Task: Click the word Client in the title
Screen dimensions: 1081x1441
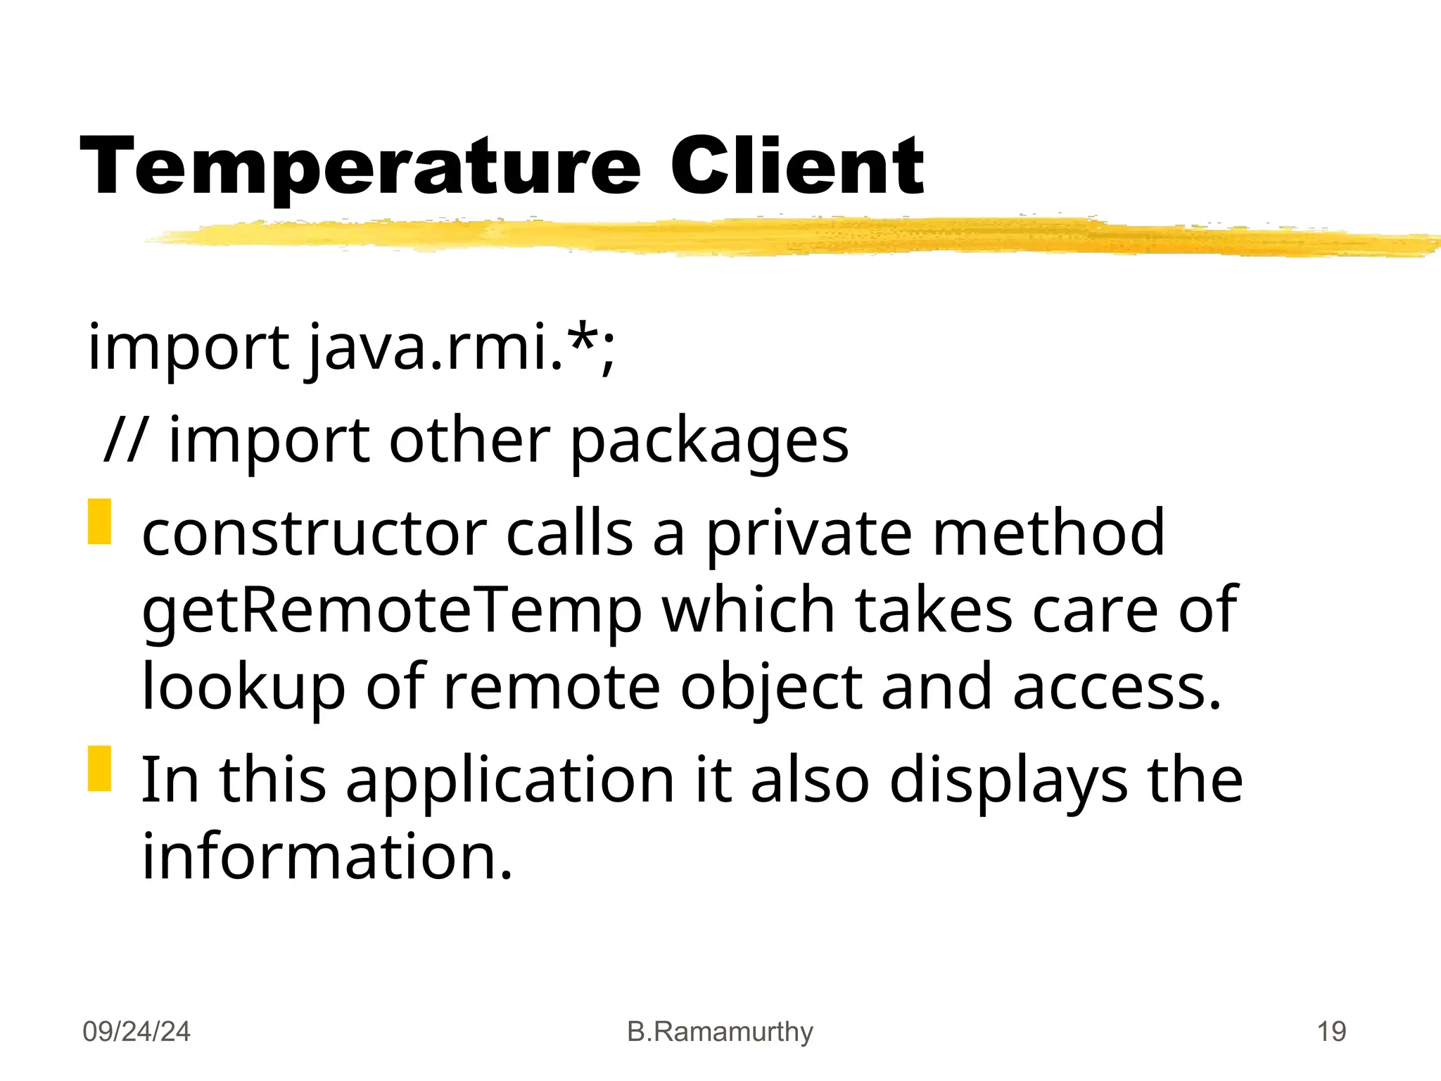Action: click(x=796, y=166)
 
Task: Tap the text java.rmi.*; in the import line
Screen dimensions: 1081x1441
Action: click(x=461, y=348)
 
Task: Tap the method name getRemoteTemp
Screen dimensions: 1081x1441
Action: click(x=392, y=611)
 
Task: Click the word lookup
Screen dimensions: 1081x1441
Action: click(x=243, y=688)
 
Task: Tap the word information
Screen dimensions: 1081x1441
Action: click(x=327, y=856)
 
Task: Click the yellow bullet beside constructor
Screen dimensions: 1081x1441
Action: click(x=100, y=521)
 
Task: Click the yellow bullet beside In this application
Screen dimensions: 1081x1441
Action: click(x=100, y=769)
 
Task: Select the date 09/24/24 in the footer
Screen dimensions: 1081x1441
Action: click(x=137, y=1032)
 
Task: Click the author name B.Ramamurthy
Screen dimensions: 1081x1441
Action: click(x=720, y=1032)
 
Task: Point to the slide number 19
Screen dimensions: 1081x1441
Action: click(x=1331, y=1032)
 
